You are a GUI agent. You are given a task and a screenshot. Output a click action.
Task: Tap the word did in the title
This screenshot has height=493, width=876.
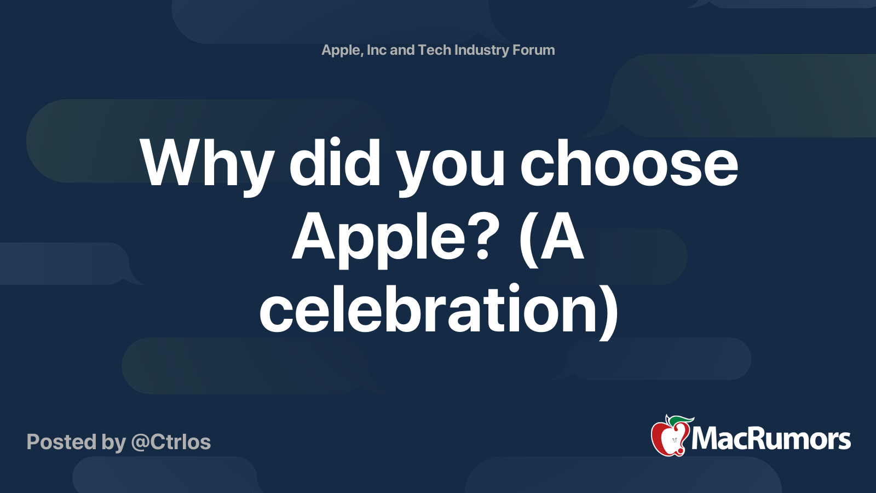pos(335,163)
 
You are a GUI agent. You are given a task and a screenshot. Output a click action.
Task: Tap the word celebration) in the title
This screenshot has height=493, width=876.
pos(438,309)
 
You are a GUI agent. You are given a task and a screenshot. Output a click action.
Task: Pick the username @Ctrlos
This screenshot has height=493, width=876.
pos(171,442)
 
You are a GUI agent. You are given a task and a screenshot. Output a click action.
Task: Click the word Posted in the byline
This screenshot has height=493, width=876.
pos(61,442)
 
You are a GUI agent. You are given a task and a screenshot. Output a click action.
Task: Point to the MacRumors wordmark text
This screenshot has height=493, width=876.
pos(771,439)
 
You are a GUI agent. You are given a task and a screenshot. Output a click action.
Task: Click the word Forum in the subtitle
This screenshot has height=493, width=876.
pos(534,50)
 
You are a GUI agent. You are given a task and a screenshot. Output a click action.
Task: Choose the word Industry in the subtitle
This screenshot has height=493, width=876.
pos(482,50)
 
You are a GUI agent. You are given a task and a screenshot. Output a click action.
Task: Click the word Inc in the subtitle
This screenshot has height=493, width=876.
pos(377,50)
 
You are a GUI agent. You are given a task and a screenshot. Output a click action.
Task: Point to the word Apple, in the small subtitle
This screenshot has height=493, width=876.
pos(341,50)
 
